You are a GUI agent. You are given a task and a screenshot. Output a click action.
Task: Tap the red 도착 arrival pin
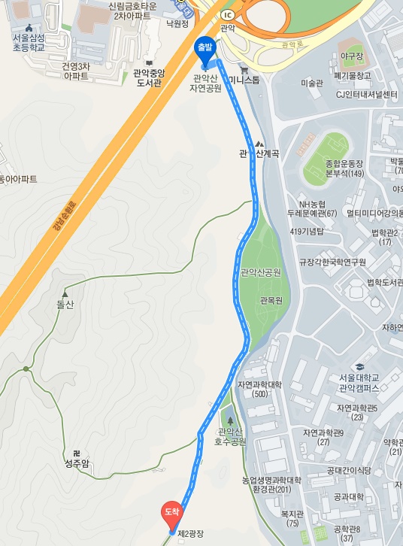tap(172, 513)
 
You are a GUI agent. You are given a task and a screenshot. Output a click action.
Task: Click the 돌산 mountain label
tap(66, 305)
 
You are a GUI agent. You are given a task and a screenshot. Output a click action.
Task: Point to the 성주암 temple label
tap(76, 463)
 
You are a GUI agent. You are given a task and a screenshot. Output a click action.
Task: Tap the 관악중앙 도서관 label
tap(148, 77)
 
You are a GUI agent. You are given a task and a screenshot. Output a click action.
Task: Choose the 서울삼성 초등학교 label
tap(29, 42)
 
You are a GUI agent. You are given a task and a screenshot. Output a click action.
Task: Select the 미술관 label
tap(311, 83)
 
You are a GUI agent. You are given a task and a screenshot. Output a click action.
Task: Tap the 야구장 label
tap(351, 56)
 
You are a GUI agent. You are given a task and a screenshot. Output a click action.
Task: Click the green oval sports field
tap(326, 149)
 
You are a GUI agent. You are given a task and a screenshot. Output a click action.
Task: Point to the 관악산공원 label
tap(260, 272)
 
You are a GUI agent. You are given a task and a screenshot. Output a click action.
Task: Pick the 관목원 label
tap(271, 301)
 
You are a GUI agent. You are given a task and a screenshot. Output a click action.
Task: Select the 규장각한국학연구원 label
tap(332, 262)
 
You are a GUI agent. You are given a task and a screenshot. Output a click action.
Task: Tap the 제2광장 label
tap(190, 534)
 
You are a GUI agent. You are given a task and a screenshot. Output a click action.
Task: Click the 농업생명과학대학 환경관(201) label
tap(271, 485)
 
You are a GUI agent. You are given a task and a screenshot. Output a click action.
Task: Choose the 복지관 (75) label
tap(290, 518)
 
